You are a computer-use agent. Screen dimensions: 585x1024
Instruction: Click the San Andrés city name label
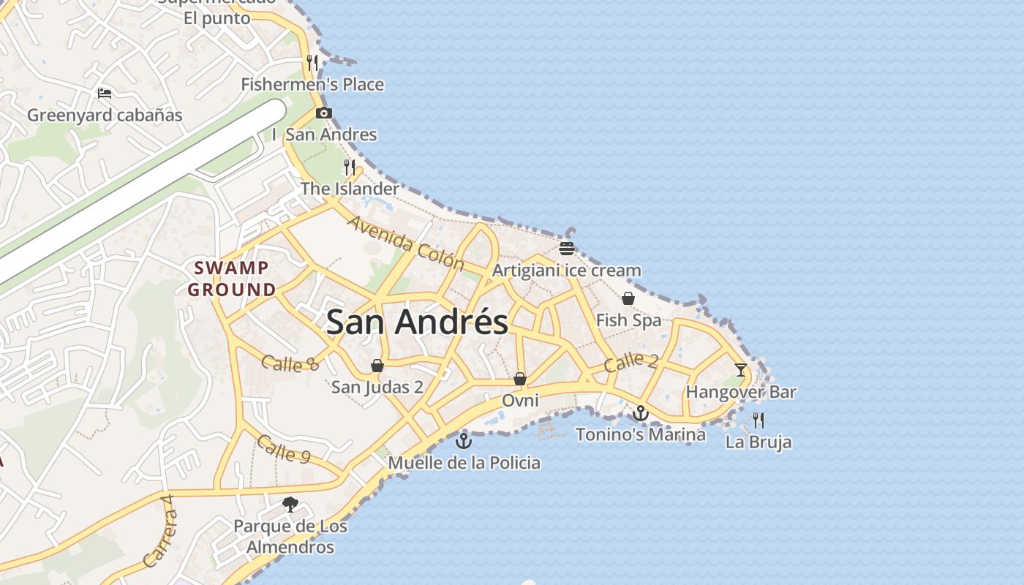(417, 322)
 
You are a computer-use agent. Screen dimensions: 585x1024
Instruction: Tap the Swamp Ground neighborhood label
(232, 279)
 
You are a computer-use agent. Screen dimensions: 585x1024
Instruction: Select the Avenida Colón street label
(405, 242)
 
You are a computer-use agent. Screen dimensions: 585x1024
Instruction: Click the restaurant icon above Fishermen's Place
(312, 63)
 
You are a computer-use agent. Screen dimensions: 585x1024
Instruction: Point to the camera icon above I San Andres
(324, 113)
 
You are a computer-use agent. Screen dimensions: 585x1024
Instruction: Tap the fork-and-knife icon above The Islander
(350, 167)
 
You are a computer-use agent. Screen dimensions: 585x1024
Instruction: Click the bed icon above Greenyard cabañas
(105, 94)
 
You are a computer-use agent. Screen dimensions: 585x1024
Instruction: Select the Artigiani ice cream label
(566, 271)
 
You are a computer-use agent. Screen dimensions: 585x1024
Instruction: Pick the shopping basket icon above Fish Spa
(628, 298)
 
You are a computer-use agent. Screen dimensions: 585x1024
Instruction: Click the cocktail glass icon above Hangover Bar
(740, 370)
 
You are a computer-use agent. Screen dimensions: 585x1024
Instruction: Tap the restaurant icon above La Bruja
(758, 420)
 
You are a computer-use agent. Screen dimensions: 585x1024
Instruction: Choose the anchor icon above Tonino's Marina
(641, 413)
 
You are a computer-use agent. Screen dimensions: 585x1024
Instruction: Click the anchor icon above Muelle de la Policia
(464, 441)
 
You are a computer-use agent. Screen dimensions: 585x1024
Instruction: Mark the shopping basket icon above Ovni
(520, 379)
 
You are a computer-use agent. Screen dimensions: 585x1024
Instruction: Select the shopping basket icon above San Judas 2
(377, 366)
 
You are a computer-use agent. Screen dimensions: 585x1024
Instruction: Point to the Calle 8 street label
(290, 363)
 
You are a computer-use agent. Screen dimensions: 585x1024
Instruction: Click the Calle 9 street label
(284, 449)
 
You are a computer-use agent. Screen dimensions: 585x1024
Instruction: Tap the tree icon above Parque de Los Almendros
(290, 505)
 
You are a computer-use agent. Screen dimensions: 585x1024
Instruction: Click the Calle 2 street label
(631, 361)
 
